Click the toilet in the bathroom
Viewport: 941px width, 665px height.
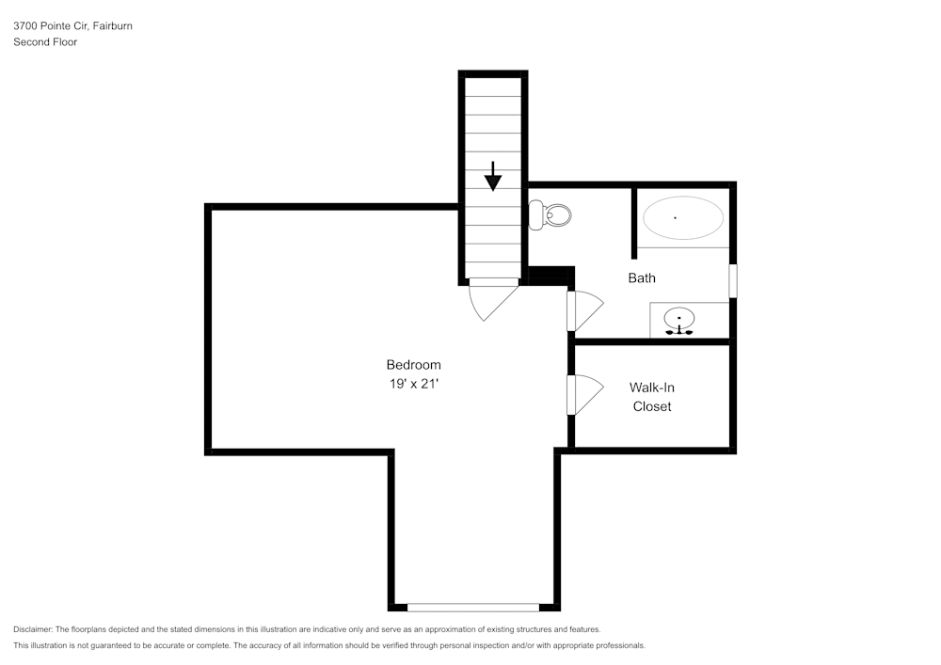coord(550,215)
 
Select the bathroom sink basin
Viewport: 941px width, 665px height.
coord(679,317)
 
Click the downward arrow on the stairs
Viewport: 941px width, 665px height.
coord(493,176)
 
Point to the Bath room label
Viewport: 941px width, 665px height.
coord(642,277)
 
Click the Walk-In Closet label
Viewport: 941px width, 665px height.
coord(652,397)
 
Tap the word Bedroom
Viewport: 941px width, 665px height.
coord(413,365)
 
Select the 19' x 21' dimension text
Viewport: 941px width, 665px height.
coord(413,384)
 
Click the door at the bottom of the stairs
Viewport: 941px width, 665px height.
coord(493,298)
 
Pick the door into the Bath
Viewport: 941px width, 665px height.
coord(585,310)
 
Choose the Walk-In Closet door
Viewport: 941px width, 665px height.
coord(585,394)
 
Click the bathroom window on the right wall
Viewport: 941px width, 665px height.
coord(733,280)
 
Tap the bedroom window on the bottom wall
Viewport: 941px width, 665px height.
coord(473,608)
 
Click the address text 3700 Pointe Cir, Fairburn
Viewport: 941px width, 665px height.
coord(72,25)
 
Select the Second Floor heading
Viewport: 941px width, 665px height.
coord(45,42)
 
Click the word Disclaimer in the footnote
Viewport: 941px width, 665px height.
coord(32,629)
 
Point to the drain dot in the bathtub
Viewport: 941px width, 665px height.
coord(675,217)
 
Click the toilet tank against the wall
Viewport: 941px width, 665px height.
coord(534,215)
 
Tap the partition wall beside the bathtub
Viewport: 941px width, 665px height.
coord(633,223)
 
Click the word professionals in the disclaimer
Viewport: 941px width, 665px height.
coord(620,646)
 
